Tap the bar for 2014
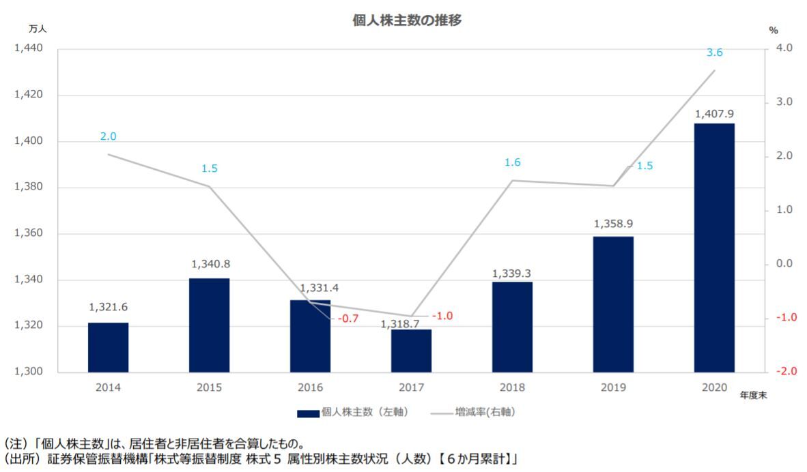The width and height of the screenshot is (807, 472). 108,347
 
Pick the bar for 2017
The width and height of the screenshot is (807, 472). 411,351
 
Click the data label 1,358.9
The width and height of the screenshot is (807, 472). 613,223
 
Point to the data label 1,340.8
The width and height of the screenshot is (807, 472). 209,264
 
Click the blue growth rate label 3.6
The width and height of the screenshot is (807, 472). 714,53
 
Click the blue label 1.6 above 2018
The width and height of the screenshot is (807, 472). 512,162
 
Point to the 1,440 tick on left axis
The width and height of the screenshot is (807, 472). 28,48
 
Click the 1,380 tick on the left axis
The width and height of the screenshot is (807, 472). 28,188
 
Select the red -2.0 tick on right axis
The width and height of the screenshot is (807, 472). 778,372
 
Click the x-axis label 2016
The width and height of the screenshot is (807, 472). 310,387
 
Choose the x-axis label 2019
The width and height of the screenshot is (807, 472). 613,387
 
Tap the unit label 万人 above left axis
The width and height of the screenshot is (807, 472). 38,29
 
